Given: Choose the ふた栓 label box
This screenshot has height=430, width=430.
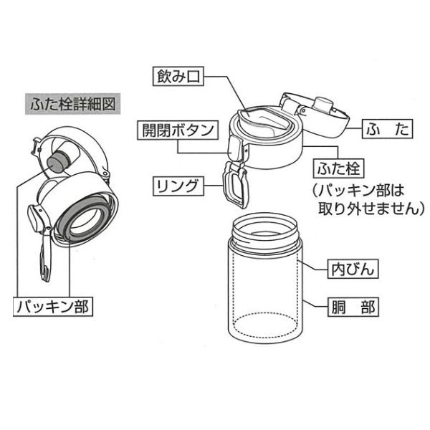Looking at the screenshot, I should click(x=340, y=170).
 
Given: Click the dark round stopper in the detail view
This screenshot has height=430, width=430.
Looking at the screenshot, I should click(x=61, y=157).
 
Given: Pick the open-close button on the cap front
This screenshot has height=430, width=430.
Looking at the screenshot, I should click(x=234, y=147).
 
